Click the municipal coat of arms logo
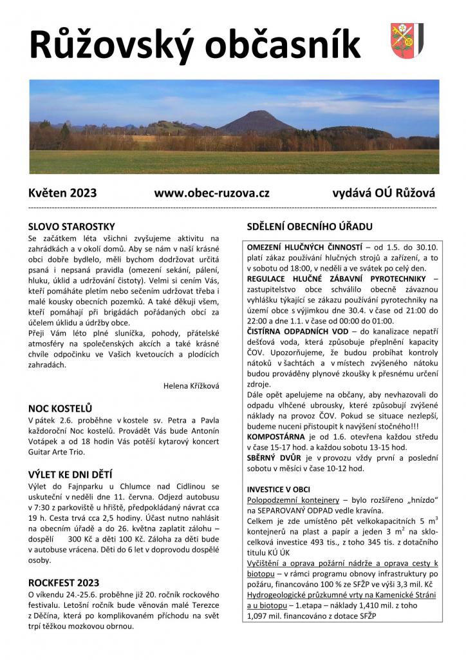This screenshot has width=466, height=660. [x=406, y=40]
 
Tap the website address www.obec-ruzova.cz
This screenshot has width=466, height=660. [x=212, y=193]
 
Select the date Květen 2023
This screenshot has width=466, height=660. [x=62, y=193]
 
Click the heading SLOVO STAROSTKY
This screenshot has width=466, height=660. [x=71, y=226]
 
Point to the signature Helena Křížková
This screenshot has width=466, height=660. [x=192, y=385]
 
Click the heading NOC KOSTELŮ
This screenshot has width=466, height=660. [x=61, y=408]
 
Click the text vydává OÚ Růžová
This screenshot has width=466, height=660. [x=384, y=193]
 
